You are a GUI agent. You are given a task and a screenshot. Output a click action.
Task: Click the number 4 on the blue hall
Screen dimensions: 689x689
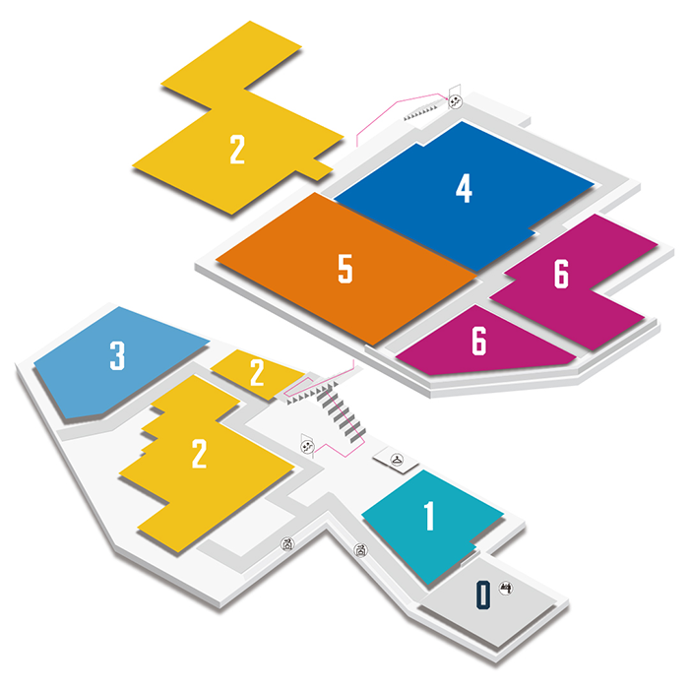pos(464,187)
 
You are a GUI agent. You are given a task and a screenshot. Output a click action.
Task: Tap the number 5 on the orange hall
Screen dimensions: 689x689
pos(344,269)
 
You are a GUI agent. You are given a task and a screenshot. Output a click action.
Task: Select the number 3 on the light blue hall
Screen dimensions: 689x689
pos(117,355)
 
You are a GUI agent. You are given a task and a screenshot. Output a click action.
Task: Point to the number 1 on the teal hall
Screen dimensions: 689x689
pos(428,516)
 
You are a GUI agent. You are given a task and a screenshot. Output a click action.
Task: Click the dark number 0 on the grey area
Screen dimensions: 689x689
pos(482,595)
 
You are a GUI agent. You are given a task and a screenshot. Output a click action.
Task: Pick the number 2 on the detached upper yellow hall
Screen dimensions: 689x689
pos(236,150)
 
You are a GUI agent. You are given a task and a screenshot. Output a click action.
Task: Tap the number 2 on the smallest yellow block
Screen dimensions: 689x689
pos(257,373)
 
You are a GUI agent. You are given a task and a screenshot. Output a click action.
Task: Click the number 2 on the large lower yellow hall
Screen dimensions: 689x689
pos(199,455)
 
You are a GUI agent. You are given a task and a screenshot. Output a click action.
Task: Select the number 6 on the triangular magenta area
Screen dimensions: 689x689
pos(478,341)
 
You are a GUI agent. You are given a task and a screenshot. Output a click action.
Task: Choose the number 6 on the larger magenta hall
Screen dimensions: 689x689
pos(561,276)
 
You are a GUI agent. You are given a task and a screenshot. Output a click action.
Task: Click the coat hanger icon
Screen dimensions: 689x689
pos(395,458)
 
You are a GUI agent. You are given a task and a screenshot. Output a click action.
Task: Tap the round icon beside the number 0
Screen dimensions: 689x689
pos(506,589)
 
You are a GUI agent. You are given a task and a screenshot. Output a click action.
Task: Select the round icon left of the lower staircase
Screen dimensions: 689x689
pos(307,446)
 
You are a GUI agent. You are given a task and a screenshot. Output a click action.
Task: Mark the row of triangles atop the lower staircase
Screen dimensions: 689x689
pos(319,390)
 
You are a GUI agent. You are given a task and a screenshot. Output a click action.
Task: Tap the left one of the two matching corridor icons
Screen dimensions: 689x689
pos(287,542)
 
